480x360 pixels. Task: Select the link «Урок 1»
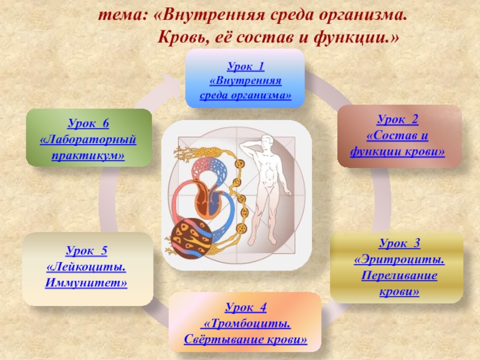(x=245, y=66)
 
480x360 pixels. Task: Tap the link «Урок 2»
(x=397, y=119)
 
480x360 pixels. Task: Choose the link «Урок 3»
(x=400, y=243)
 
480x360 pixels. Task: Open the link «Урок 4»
(x=245, y=307)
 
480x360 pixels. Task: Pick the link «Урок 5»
(x=86, y=250)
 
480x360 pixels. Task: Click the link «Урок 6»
(x=88, y=123)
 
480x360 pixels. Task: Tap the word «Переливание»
(x=399, y=275)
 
